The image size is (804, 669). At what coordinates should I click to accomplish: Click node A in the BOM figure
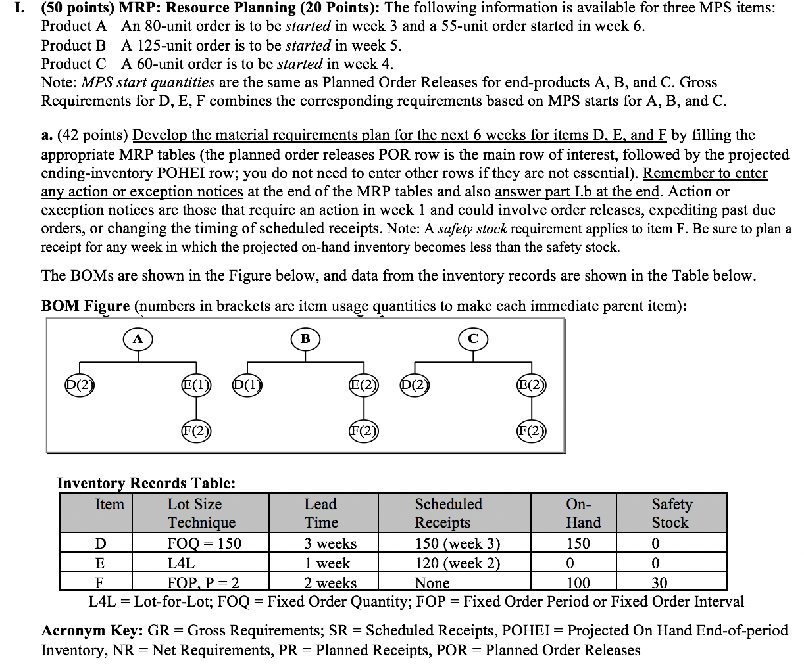click(138, 339)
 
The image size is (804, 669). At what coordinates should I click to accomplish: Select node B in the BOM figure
click(305, 339)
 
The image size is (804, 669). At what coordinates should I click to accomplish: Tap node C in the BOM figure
click(472, 339)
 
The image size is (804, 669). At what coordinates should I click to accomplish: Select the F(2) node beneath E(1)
click(195, 431)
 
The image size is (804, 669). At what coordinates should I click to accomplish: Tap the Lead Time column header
click(321, 513)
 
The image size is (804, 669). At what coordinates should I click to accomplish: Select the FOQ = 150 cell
click(205, 543)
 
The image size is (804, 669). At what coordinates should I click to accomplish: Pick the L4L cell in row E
click(181, 563)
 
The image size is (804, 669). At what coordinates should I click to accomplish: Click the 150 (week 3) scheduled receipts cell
click(457, 543)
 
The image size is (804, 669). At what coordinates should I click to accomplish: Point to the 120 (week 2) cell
click(457, 563)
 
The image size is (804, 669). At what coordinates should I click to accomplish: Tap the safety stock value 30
click(659, 583)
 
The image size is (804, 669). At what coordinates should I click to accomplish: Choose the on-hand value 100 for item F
click(578, 583)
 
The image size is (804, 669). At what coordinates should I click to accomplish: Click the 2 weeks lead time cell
click(330, 583)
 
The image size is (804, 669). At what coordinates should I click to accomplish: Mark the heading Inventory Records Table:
click(146, 483)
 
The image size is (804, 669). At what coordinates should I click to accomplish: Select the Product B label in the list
click(73, 45)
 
